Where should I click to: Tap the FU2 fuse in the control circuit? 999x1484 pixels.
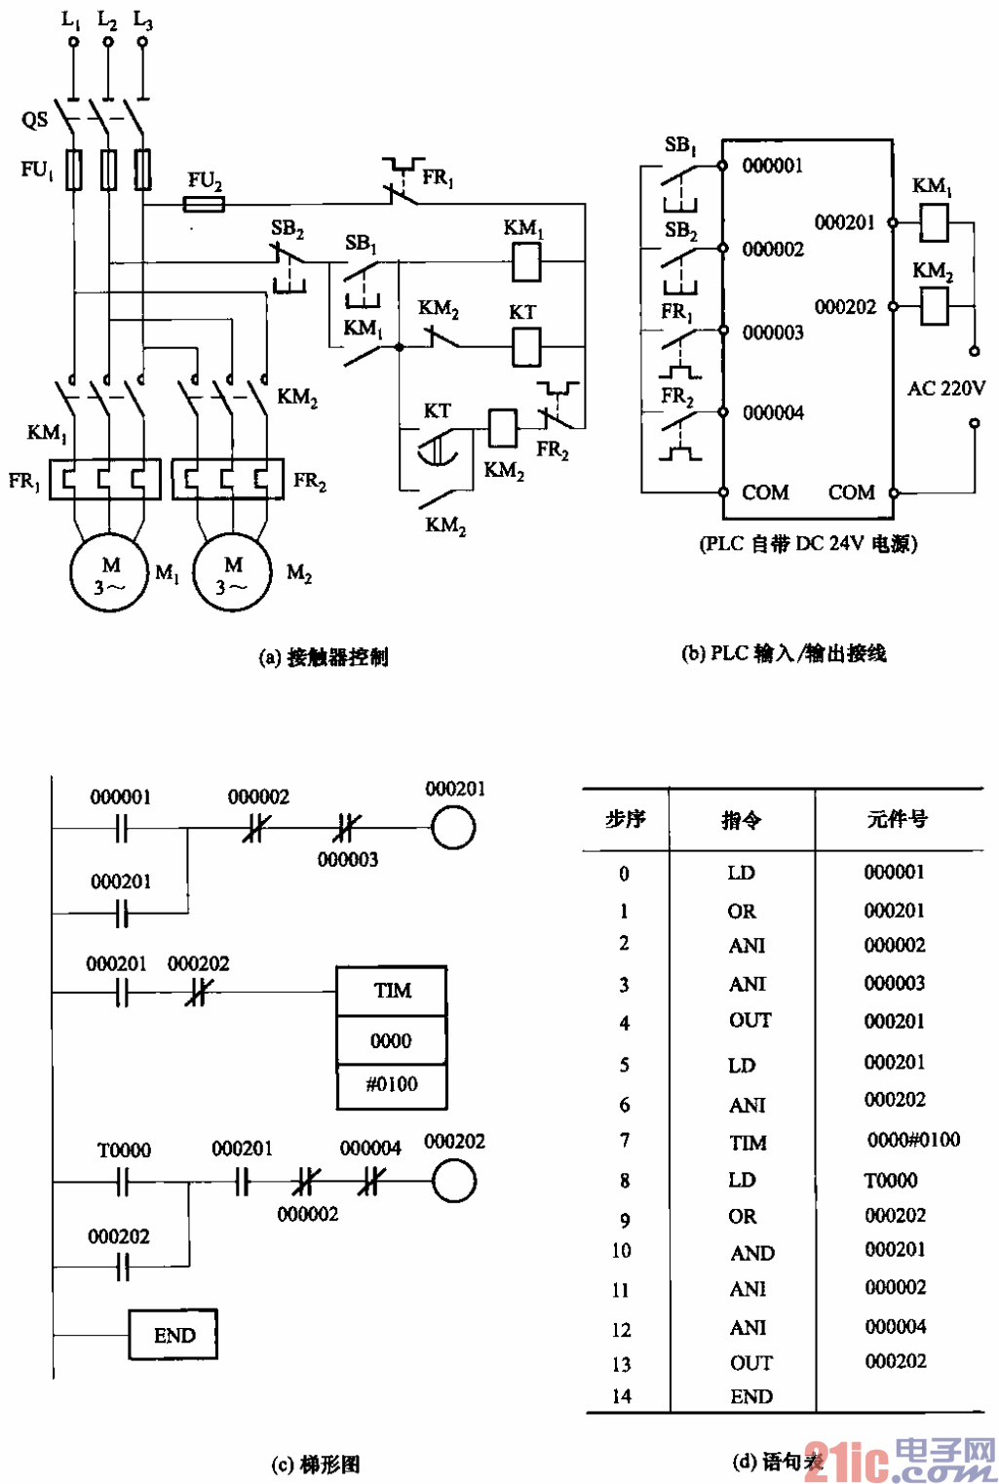205,204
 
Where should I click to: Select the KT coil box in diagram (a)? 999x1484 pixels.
526,345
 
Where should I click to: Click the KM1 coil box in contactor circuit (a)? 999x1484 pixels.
526,261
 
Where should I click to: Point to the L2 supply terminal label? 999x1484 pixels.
107,20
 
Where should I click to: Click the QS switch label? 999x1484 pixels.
34,120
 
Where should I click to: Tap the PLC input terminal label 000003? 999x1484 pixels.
773,332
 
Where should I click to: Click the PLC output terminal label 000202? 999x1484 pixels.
845,307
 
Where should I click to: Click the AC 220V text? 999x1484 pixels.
945,388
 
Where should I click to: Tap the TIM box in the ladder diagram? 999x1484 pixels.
392,991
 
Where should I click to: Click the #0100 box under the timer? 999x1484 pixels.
392,1084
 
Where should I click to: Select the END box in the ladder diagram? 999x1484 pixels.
173,1335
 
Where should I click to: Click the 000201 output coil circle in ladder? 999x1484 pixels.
453,829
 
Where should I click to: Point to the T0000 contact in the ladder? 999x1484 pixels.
122,1182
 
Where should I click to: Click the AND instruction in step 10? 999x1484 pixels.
751,1253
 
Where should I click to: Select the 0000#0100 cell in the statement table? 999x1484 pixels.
913,1140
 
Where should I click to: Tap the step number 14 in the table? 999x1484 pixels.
622,1396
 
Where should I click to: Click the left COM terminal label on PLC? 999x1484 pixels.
764,492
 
